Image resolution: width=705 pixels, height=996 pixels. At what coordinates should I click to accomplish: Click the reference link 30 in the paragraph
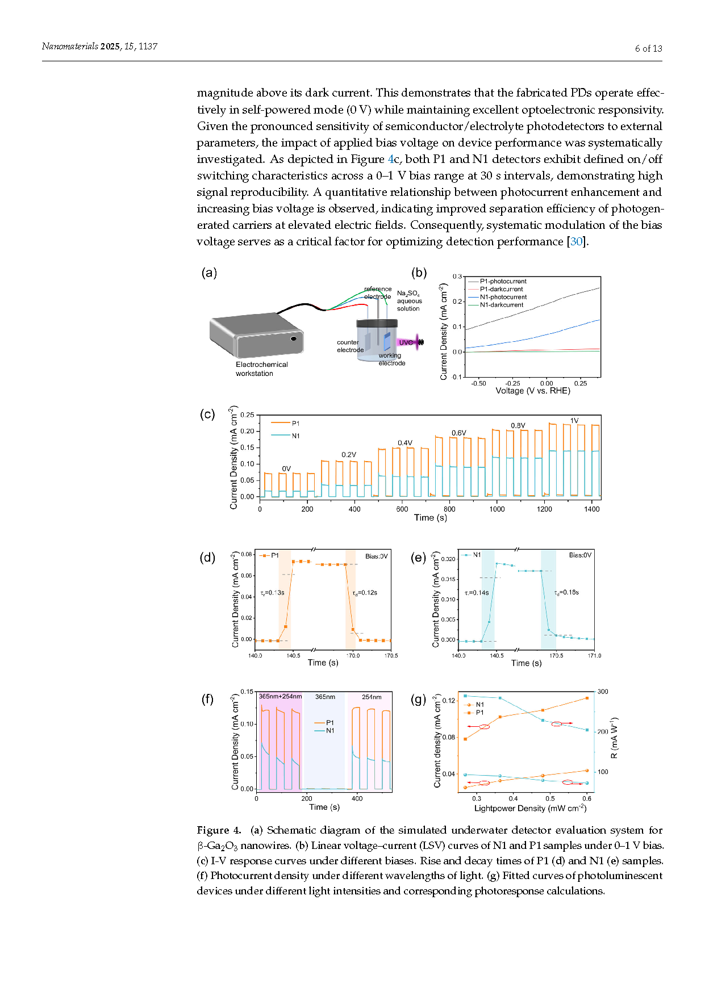click(577, 242)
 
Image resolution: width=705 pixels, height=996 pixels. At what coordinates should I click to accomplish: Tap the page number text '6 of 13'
click(649, 49)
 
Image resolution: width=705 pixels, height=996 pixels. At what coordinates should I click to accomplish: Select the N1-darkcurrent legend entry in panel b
click(502, 305)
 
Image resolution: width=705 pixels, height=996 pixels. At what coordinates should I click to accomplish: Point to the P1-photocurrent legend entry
click(503, 281)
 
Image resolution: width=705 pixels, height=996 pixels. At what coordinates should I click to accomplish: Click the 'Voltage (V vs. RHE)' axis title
click(533, 391)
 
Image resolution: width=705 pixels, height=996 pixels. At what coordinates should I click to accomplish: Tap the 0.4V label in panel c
click(405, 443)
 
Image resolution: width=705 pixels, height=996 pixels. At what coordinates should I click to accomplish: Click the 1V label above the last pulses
click(574, 421)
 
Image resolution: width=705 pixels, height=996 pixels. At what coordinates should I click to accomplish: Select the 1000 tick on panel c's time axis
click(497, 509)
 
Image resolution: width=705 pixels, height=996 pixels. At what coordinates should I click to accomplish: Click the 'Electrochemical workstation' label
click(262, 369)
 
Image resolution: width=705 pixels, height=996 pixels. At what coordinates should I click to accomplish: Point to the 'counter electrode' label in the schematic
click(350, 346)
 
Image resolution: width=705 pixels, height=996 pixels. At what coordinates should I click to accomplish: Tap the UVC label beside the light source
click(406, 342)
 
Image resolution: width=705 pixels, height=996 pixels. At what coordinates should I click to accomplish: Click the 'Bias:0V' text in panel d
click(376, 556)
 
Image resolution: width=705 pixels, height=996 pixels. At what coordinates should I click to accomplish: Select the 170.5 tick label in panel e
click(556, 656)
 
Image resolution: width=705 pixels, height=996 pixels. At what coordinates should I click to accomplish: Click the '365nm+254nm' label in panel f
click(280, 697)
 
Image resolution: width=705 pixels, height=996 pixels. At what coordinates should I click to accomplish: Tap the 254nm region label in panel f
click(372, 697)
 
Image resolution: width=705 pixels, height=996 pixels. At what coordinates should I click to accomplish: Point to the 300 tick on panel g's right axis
click(603, 692)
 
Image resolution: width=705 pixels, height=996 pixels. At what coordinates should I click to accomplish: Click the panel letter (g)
click(418, 700)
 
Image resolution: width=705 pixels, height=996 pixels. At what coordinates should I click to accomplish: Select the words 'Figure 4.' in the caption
click(219, 830)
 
